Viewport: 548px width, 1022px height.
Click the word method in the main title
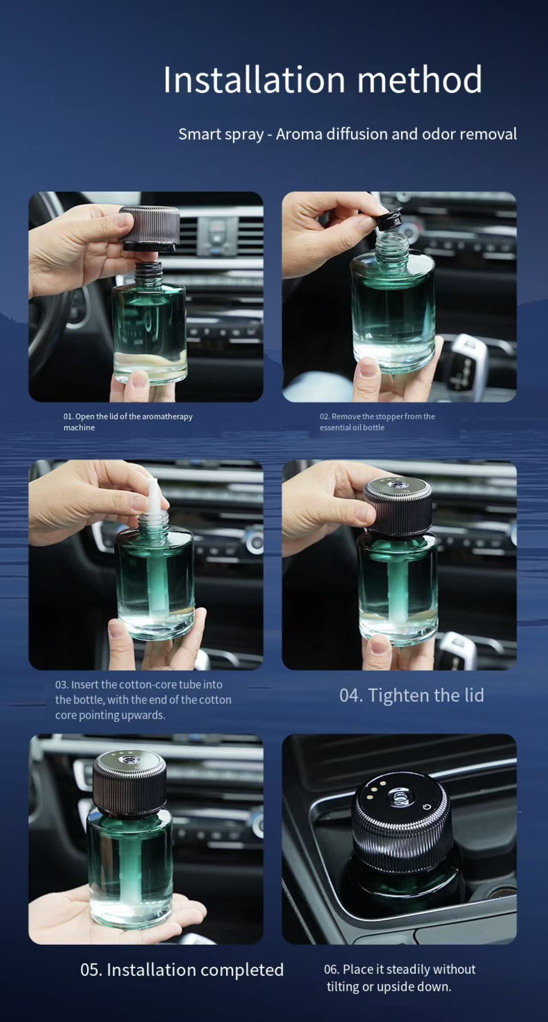click(420, 80)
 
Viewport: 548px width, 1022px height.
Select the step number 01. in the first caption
click(68, 417)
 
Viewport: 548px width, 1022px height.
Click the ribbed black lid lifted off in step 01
click(149, 227)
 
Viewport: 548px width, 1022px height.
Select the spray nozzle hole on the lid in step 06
click(400, 796)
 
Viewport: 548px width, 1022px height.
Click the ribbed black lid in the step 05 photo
click(130, 787)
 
